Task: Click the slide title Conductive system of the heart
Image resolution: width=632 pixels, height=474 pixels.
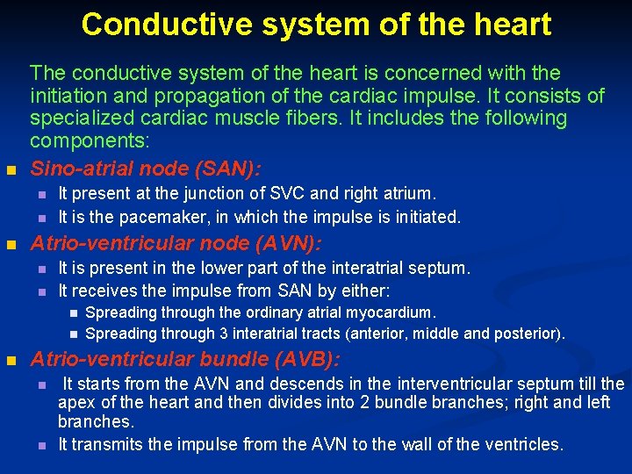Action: pos(316,24)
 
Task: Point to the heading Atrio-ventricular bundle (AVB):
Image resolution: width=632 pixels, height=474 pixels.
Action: pos(185,359)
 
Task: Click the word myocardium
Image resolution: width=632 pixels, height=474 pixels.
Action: pos(390,312)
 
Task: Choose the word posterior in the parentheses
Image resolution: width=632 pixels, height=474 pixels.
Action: pos(527,334)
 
